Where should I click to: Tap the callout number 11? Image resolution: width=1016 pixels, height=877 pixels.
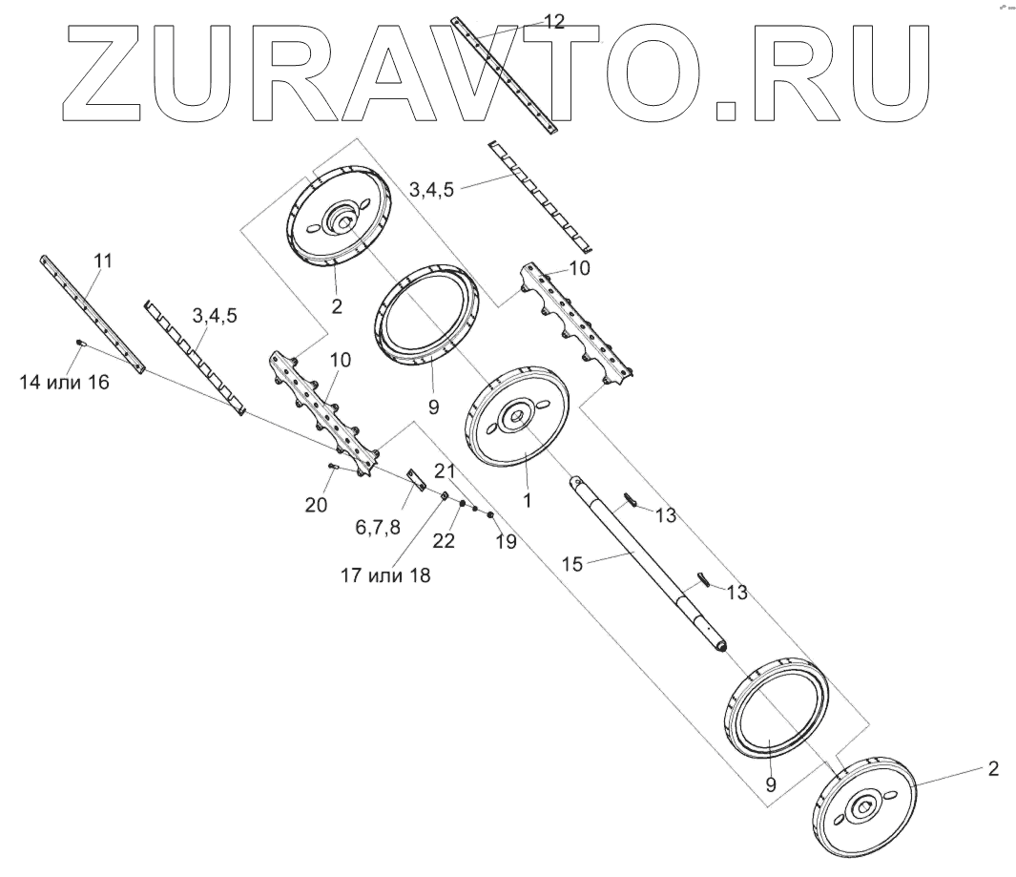tap(104, 260)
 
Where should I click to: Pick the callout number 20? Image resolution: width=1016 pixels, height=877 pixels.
tap(317, 504)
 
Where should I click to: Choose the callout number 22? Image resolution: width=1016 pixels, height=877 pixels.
tap(444, 539)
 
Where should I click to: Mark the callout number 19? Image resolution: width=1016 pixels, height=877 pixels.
tap(505, 541)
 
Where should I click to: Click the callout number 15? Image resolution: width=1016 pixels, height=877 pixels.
tap(571, 564)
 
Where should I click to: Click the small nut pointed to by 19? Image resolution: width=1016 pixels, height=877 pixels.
tap(490, 516)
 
